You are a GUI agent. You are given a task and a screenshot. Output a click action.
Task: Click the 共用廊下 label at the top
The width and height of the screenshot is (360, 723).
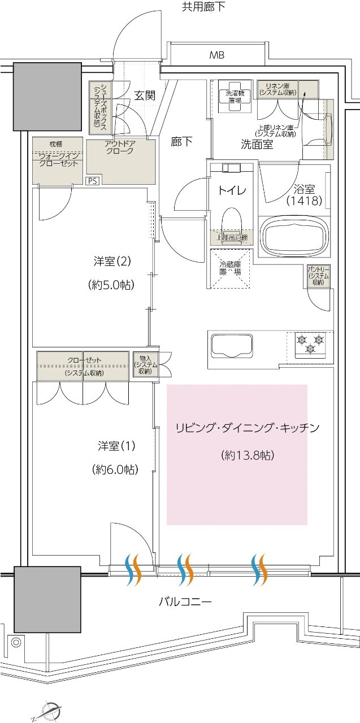point(203,7)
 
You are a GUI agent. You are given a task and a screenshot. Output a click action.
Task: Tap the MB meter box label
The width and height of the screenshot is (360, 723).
point(216,55)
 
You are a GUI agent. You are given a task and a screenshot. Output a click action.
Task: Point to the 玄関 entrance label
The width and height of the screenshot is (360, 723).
point(145,95)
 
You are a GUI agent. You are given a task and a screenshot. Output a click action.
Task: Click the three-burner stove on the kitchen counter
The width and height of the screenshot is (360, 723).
point(310,343)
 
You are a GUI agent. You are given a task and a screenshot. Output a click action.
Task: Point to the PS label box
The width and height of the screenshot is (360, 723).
point(92,181)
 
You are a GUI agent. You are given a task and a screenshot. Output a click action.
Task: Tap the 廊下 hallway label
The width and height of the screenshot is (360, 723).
point(181,142)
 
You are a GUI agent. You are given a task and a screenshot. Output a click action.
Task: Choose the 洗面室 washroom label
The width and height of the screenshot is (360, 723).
point(257,145)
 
